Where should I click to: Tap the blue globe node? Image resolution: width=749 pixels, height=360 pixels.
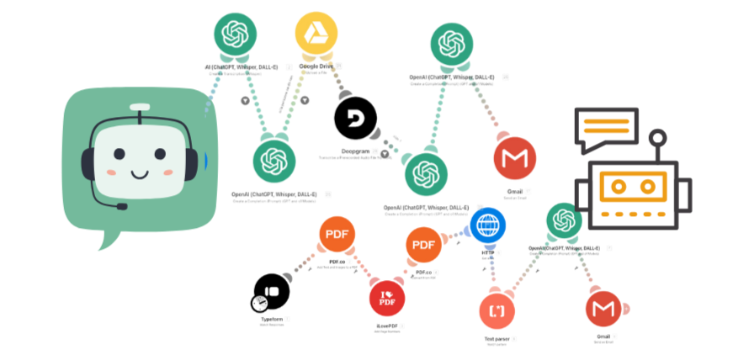coord(488,225)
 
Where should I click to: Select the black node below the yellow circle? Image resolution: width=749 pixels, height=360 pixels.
coord(354,118)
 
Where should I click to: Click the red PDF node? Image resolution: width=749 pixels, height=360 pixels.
coord(387,298)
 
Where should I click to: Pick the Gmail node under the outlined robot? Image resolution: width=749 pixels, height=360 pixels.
coord(603,311)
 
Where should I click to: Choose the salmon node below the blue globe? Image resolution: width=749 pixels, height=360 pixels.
coord(498,311)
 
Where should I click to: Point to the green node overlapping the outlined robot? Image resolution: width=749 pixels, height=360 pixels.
coord(564,220)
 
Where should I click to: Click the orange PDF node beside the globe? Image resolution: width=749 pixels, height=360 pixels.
coord(423,245)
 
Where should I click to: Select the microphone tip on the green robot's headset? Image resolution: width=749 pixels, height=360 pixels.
coord(123,206)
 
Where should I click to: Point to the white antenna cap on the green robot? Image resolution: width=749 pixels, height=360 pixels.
coord(141,107)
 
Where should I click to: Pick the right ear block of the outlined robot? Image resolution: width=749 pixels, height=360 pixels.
coord(685,194)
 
